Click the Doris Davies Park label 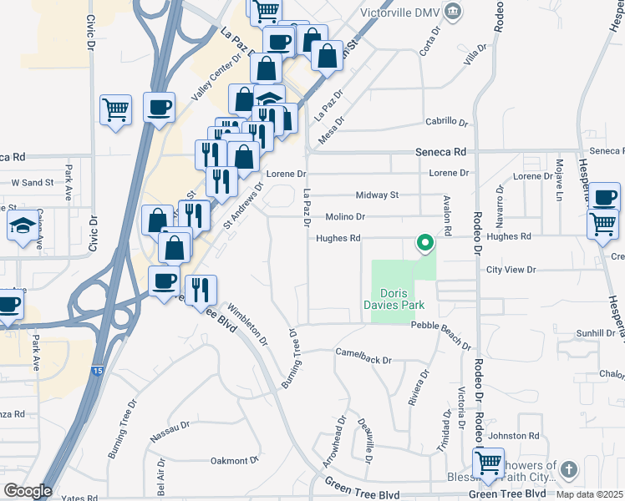[404, 300]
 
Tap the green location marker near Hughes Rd [424, 243]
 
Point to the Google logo [27, 491]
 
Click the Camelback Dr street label [364, 360]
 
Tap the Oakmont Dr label [235, 460]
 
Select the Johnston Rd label [515, 435]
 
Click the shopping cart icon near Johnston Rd [488, 462]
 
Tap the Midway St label [378, 195]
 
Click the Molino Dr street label [346, 216]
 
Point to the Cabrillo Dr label [446, 121]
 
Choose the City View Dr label [511, 270]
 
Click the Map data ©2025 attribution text [589, 494]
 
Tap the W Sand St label [32, 181]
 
